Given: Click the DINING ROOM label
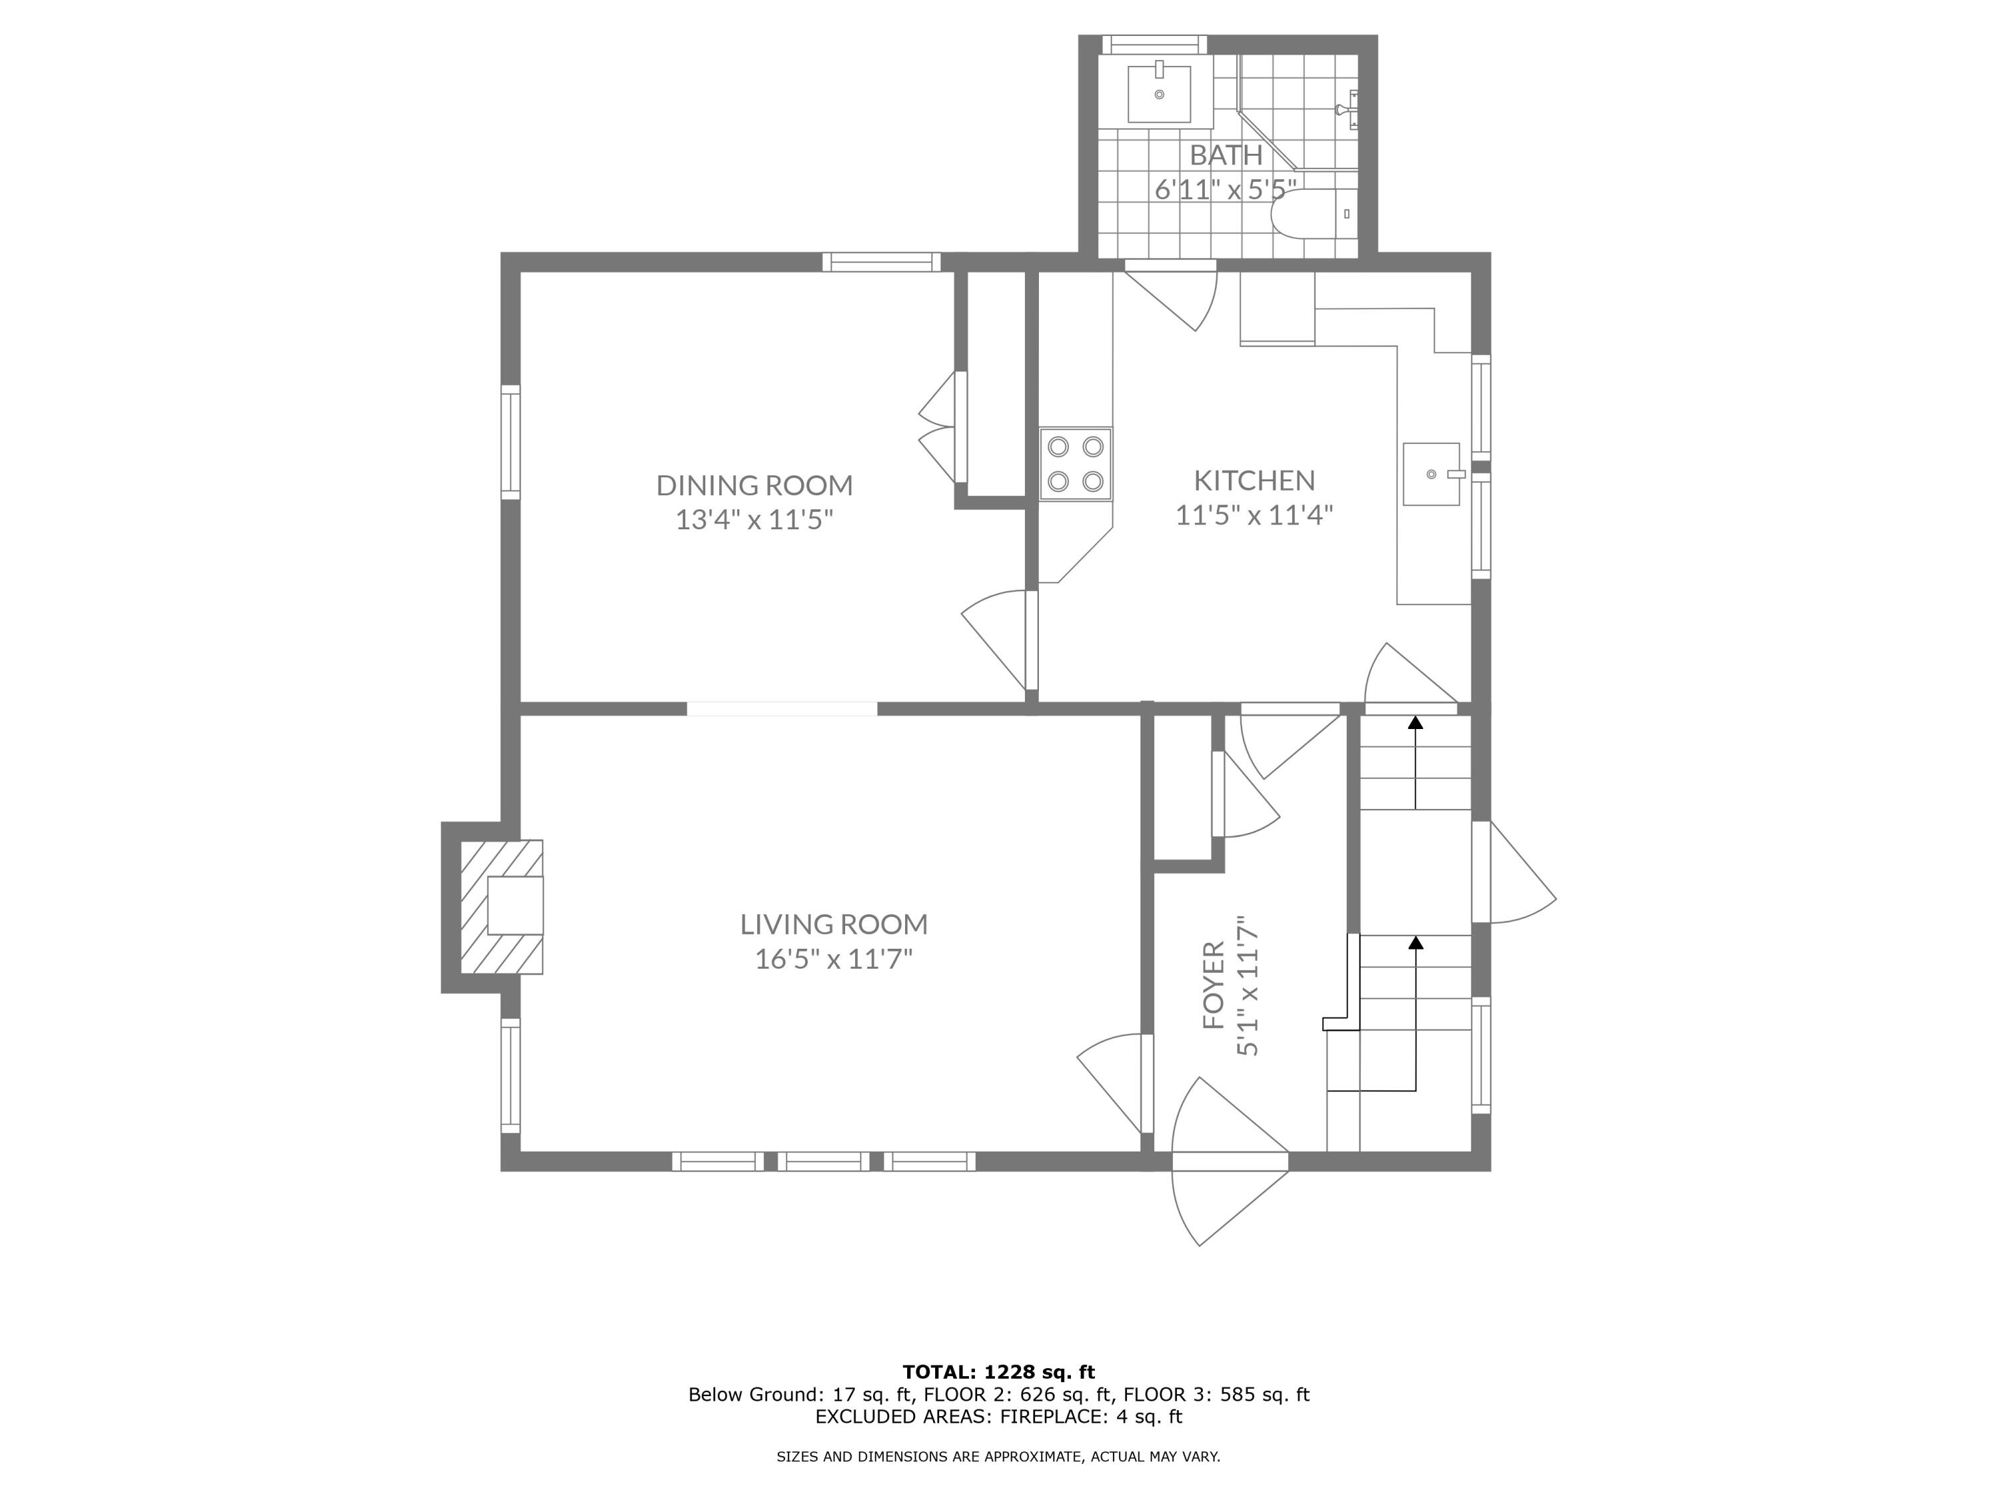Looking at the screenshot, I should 754,485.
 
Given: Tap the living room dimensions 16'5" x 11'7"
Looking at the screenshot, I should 834,958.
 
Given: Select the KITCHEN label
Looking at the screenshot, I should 1253,479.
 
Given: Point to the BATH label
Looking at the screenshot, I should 1225,155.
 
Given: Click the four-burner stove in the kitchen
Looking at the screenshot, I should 1075,464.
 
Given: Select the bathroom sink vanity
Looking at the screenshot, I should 1159,93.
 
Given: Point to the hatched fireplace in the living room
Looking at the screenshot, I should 502,907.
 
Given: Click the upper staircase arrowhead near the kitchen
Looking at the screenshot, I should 1415,722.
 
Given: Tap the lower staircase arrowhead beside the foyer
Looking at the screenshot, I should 1415,943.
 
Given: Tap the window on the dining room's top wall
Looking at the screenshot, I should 880,262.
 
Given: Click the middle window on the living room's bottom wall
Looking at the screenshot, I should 823,1162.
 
